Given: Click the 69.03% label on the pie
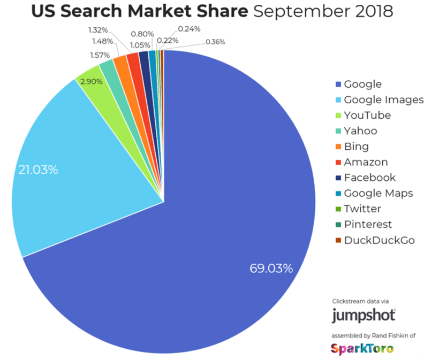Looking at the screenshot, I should [271, 268].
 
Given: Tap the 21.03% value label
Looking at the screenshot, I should [38, 170].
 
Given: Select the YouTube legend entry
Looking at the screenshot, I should [367, 115].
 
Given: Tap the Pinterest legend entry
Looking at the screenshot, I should [368, 225].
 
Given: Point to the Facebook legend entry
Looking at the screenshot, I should [369, 178].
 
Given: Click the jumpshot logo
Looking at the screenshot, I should [364, 315].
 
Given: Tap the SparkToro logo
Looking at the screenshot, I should [362, 348].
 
